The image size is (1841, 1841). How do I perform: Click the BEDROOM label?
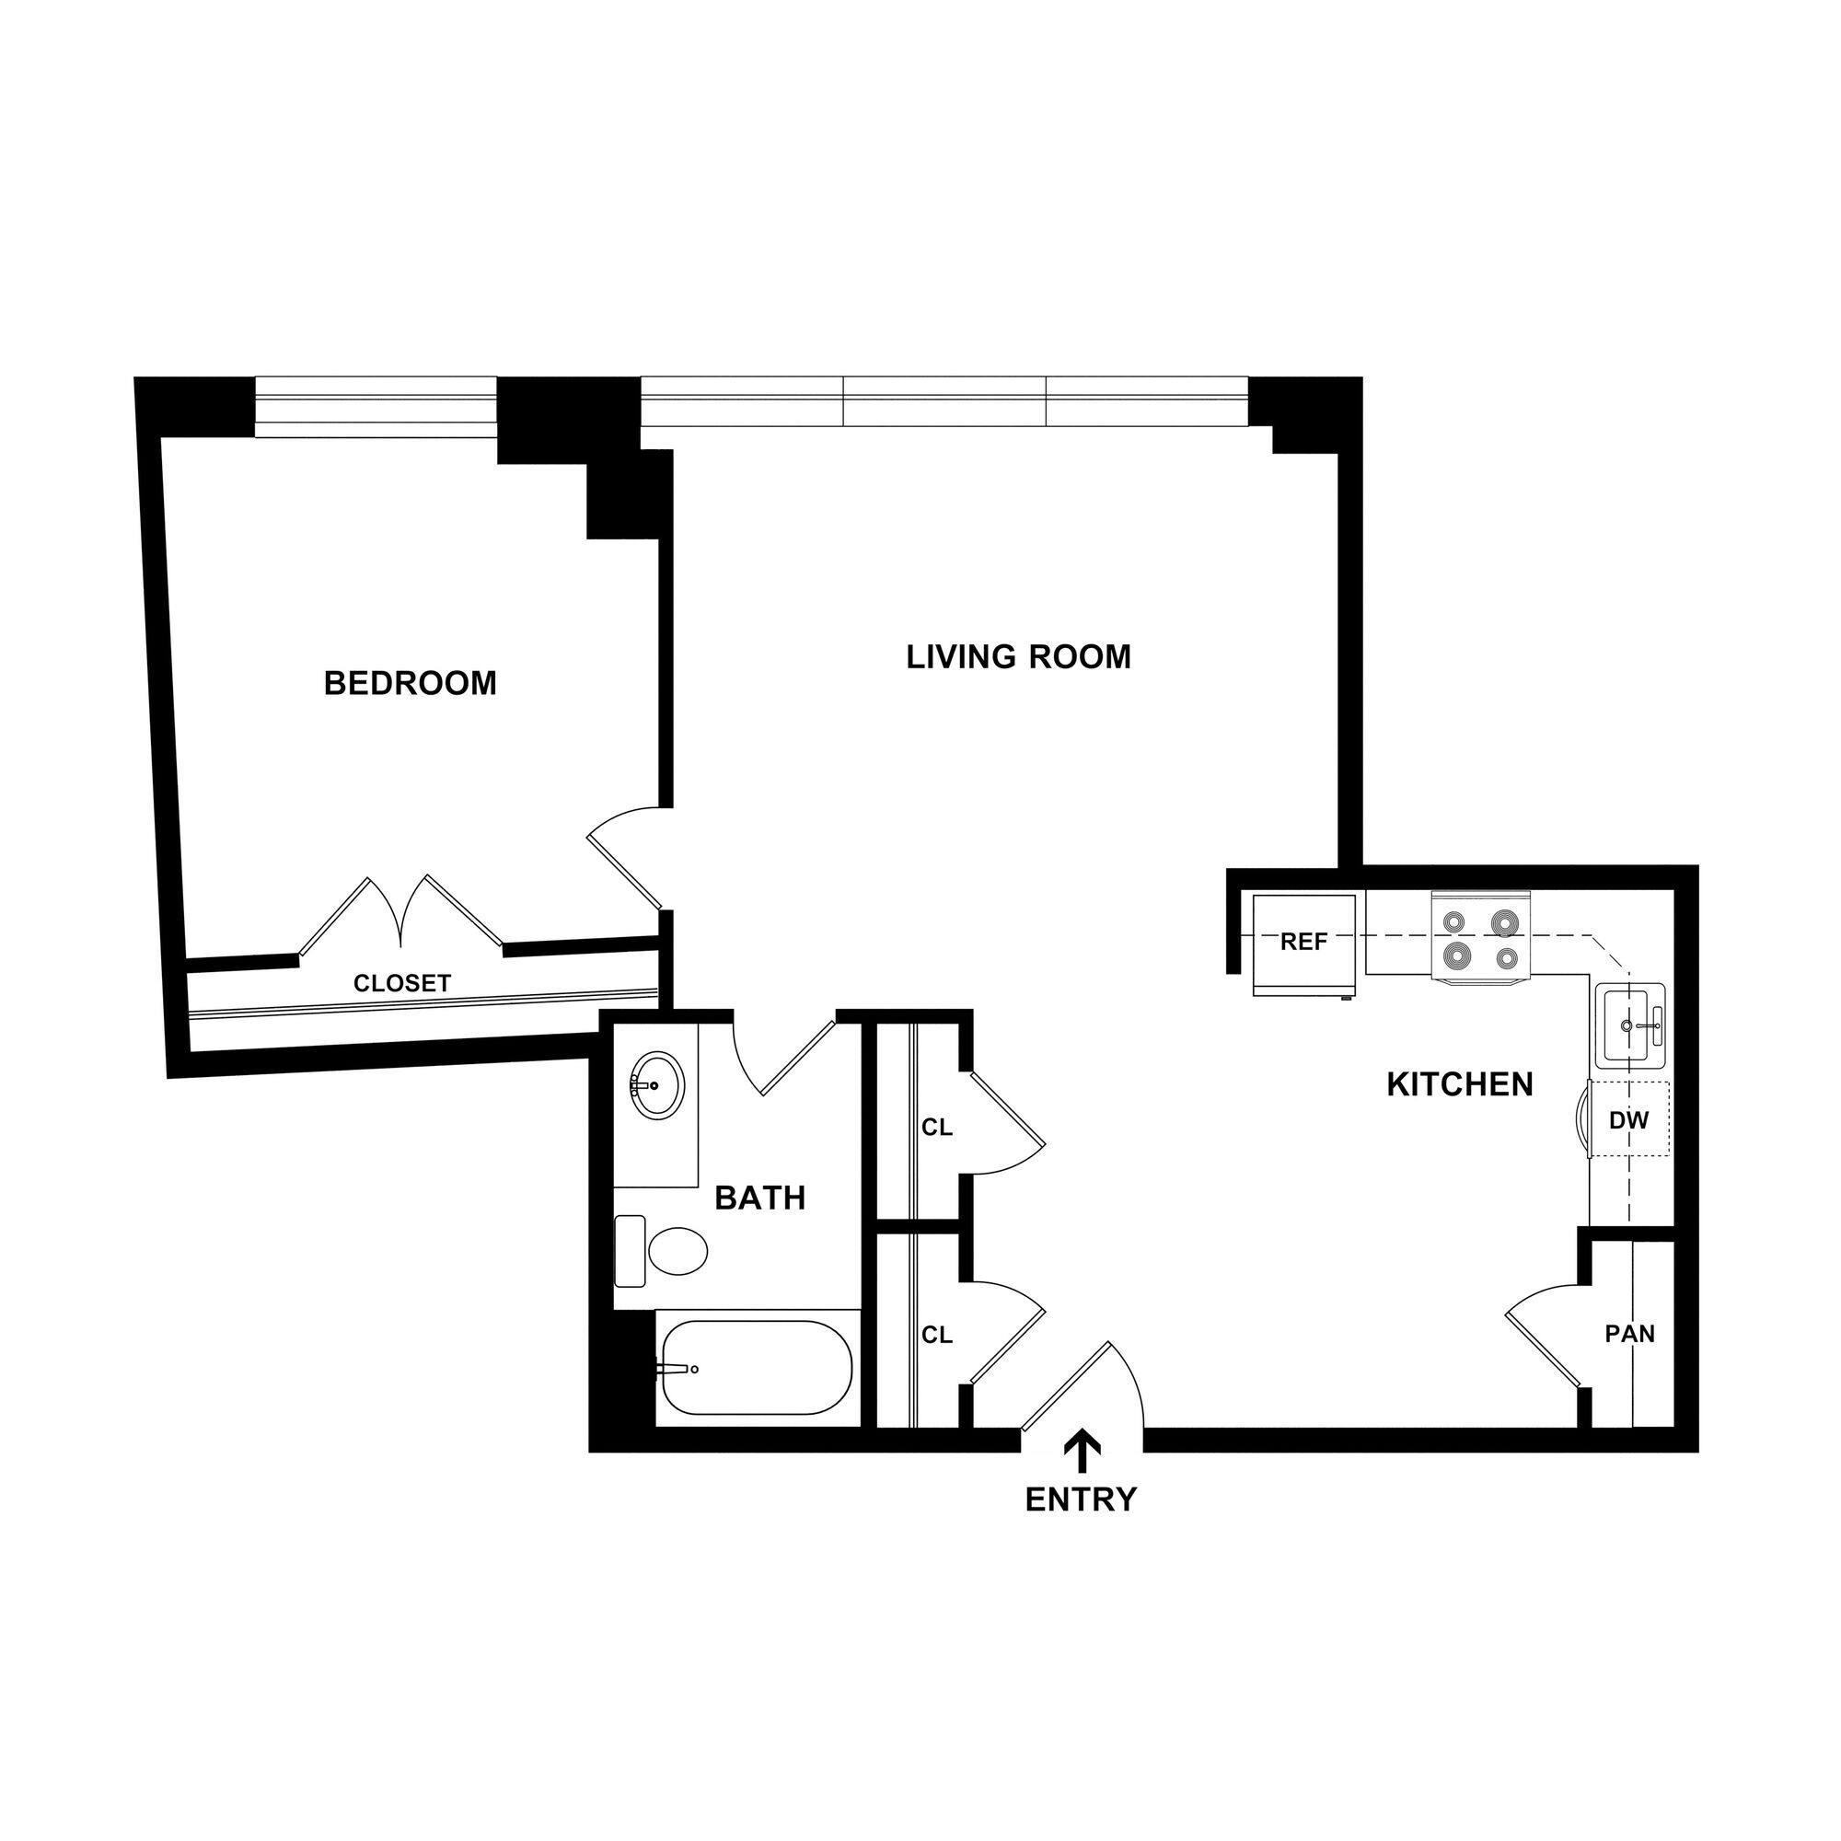click(410, 683)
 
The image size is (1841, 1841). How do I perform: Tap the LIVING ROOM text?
click(1018, 656)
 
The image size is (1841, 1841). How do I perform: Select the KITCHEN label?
click(1459, 1084)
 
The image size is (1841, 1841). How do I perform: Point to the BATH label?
click(759, 1198)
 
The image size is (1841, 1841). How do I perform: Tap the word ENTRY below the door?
click(1081, 1499)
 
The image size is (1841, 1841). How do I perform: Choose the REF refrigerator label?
click(1303, 943)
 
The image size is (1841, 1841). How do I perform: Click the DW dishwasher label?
click(1628, 1121)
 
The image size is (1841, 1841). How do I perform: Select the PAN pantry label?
click(1629, 1334)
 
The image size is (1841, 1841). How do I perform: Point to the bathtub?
click(757, 1369)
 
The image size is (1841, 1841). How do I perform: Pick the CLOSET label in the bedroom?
click(401, 983)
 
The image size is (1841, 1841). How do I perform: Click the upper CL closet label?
click(937, 1128)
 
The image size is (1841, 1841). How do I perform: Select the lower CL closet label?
click(937, 1335)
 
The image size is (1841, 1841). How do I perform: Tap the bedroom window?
click(376, 406)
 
